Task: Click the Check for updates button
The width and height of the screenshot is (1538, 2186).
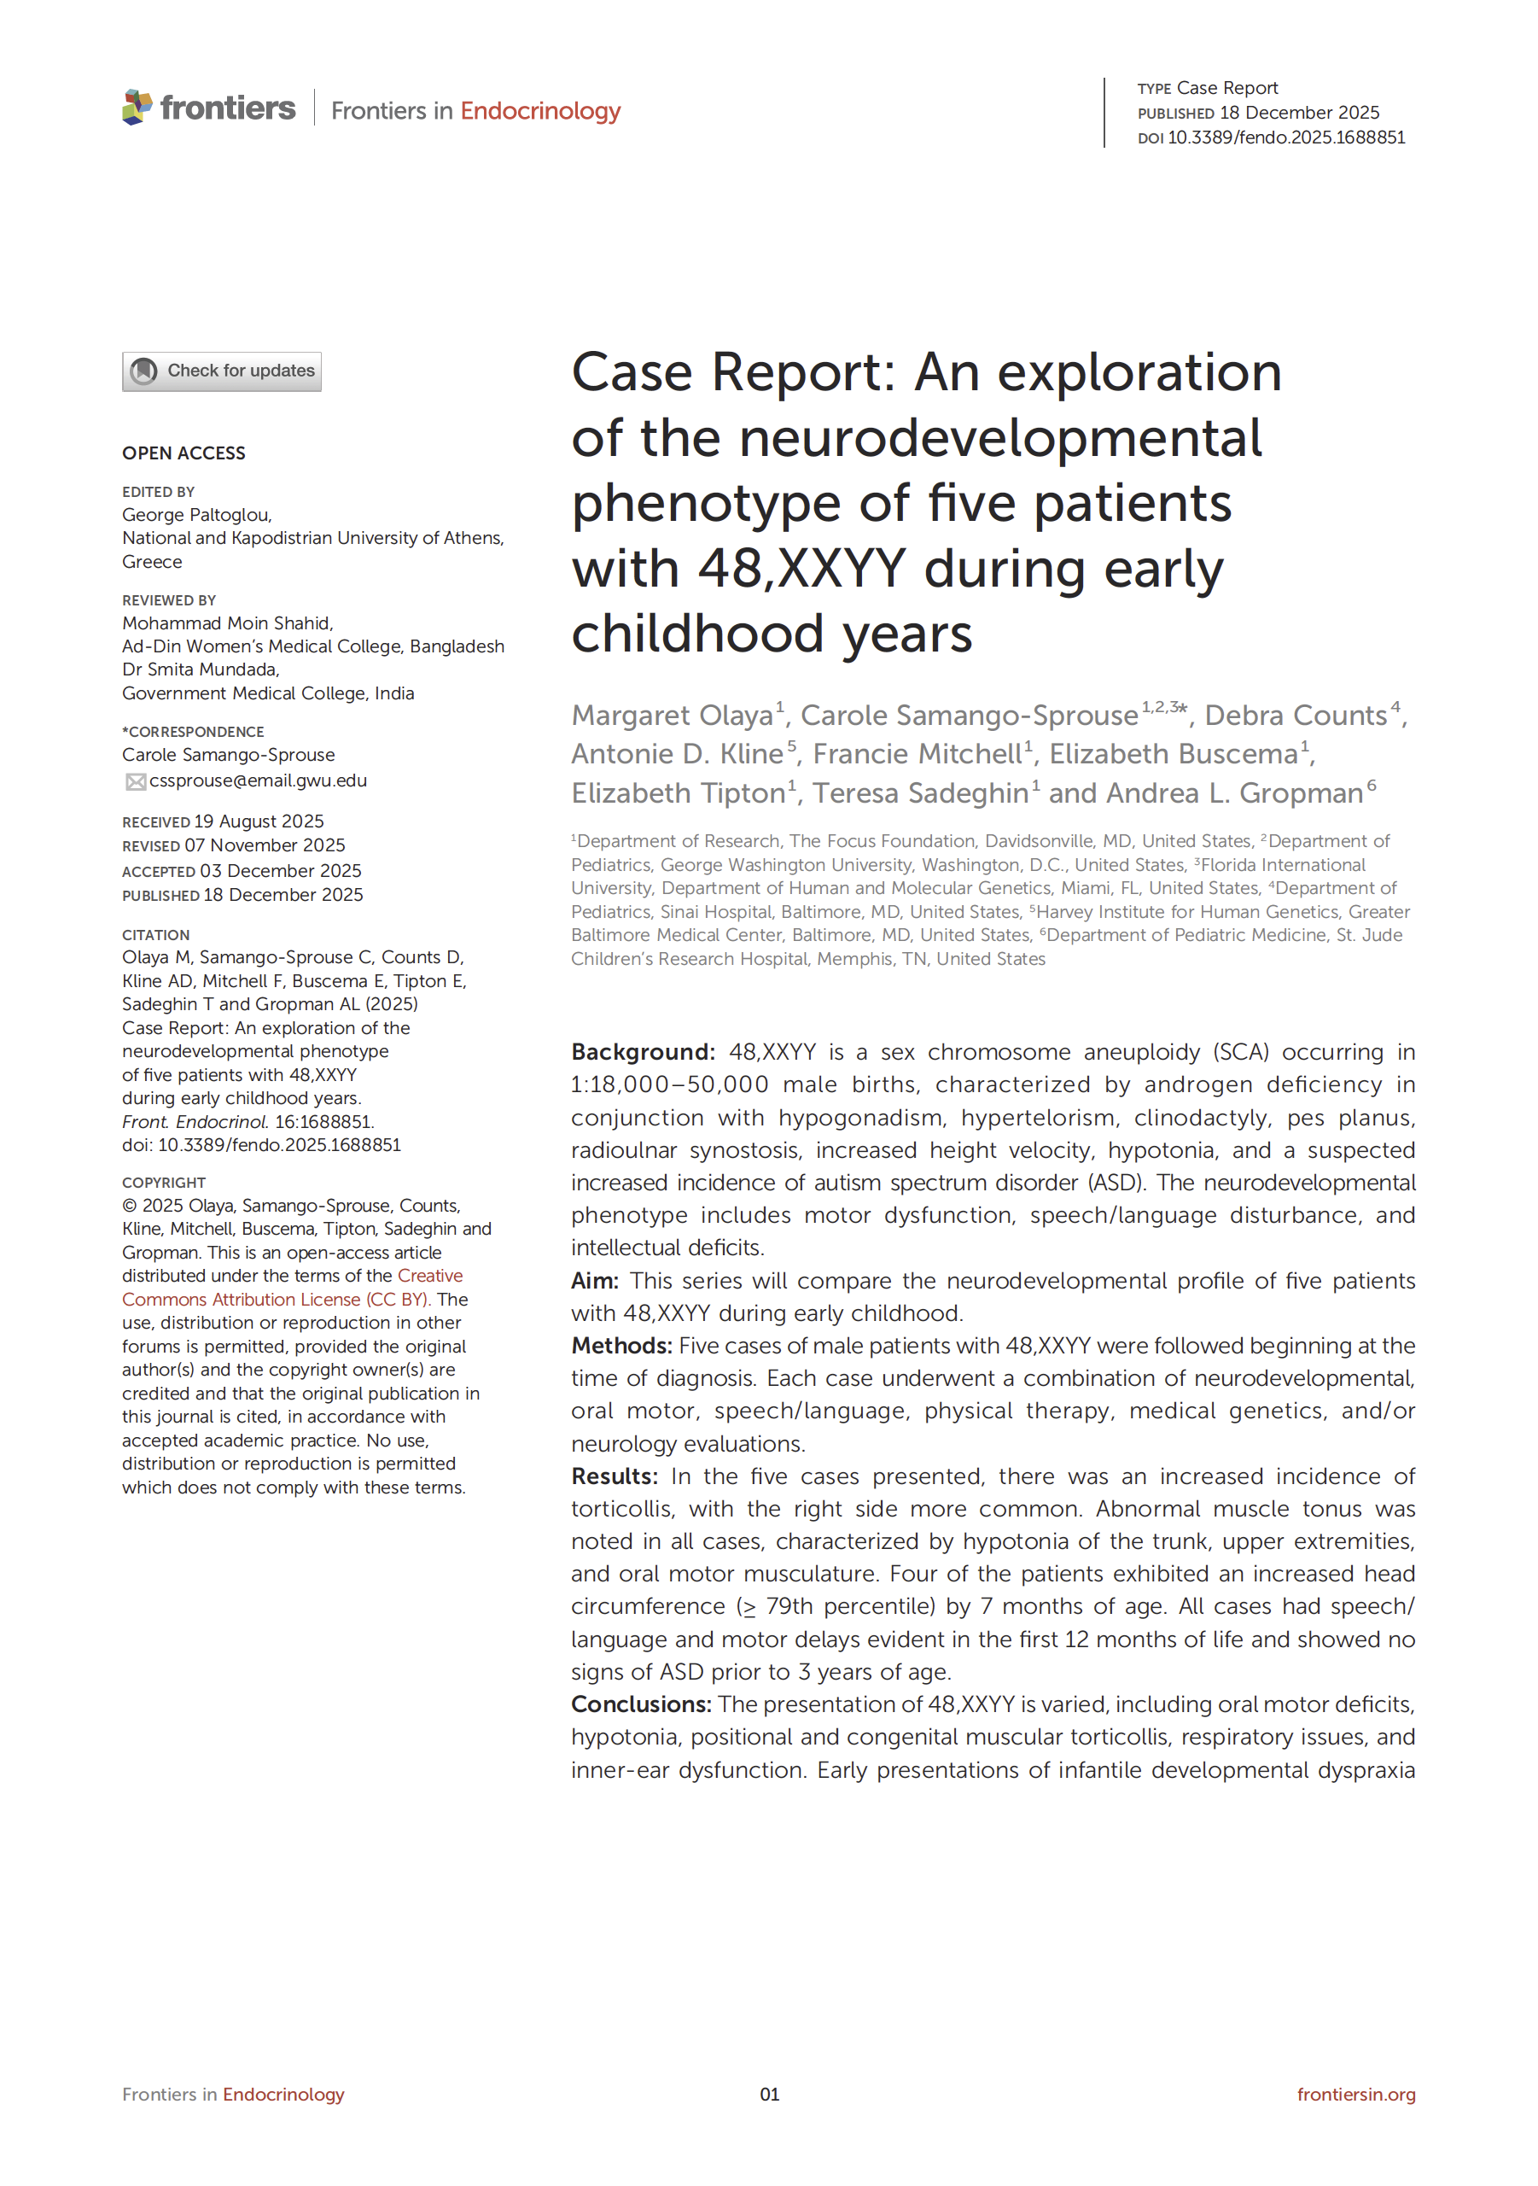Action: pyautogui.click(x=222, y=371)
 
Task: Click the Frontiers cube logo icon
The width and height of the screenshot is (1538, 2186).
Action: pyautogui.click(x=137, y=107)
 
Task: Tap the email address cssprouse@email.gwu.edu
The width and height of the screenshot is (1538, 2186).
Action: pyautogui.click(x=258, y=780)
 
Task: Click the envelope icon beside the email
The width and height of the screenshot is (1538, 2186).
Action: pyautogui.click(x=135, y=781)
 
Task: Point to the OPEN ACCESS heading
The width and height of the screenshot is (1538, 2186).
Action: pyautogui.click(x=184, y=453)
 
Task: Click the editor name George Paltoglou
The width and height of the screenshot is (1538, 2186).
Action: pyautogui.click(x=196, y=515)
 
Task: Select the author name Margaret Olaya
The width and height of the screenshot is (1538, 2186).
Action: pyautogui.click(x=672, y=715)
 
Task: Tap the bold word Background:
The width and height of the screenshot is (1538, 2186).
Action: pyautogui.click(x=643, y=1052)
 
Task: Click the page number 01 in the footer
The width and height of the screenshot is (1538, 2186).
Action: pyautogui.click(x=769, y=2095)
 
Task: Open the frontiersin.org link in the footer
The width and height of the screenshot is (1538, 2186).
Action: pyautogui.click(x=1355, y=2095)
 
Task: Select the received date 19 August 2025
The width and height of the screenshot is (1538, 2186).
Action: pyautogui.click(x=259, y=821)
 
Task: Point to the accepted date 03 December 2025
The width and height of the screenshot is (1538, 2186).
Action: pyautogui.click(x=280, y=871)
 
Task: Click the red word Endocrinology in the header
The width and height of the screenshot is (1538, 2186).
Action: pyautogui.click(x=539, y=111)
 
